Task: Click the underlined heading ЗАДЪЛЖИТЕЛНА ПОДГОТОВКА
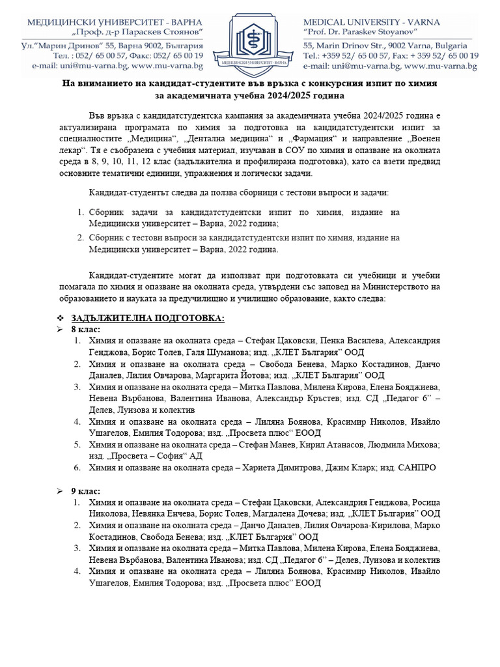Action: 148,319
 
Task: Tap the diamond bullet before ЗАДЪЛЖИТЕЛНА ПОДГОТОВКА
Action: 60,319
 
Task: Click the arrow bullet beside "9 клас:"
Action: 60,490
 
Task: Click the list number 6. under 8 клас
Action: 76,468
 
